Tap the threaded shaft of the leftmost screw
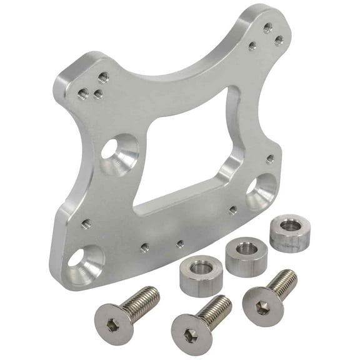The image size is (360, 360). click(x=141, y=301)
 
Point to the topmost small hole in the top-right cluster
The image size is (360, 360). click(x=267, y=27)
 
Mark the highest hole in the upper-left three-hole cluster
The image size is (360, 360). click(x=104, y=77)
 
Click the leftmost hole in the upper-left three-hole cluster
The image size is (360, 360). click(x=82, y=94)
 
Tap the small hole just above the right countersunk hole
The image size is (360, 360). click(x=269, y=159)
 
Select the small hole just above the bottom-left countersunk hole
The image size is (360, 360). click(x=86, y=222)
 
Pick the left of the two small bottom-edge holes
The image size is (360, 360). click(x=144, y=247)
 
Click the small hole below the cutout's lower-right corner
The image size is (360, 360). click(x=232, y=211)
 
